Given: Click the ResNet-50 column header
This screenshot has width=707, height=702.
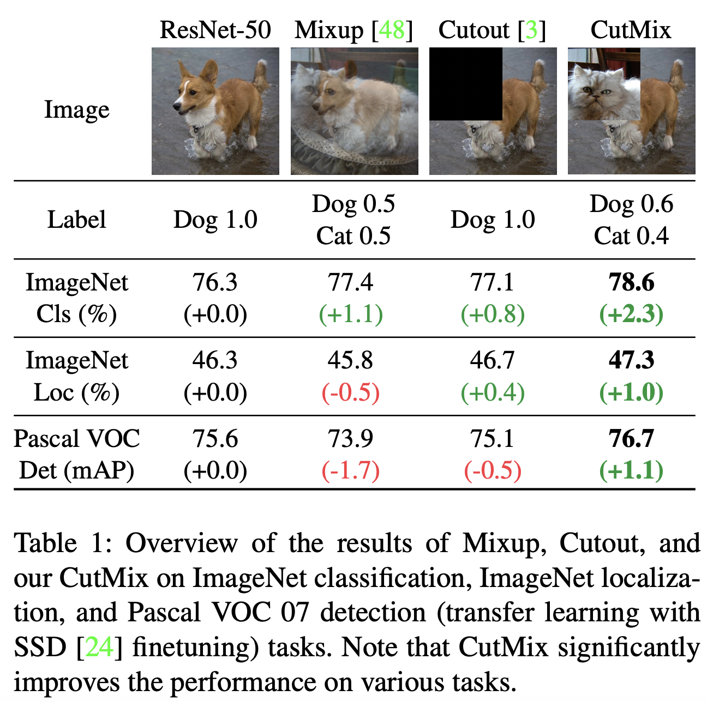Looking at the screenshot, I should pos(215,29).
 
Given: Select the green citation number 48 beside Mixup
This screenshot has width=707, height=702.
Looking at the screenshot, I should pos(391,29).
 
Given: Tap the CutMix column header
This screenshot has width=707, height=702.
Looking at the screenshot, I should pos(631,29).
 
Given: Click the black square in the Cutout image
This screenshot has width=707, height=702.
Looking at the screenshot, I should pos(465,84).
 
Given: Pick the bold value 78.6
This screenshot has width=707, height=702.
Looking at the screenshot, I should pos(631,282).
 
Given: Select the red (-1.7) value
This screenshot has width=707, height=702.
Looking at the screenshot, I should pos(350,470).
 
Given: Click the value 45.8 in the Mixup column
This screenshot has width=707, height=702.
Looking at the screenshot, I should pos(350,360).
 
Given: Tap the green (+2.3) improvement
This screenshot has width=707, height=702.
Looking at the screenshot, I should pos(631,314).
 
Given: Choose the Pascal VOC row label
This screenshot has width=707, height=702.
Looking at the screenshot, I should pos(76,439).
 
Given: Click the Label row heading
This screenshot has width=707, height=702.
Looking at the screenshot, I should pos(76,220).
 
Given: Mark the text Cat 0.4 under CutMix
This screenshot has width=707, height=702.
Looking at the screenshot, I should pos(631,236).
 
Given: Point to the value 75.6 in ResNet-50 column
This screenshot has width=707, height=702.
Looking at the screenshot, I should pos(215,439).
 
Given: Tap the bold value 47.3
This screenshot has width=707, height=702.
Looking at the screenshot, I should pos(631,360).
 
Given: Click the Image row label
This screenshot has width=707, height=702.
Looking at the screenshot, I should pos(76,110).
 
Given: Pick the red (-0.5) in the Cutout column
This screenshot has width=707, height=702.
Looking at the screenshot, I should pos(493,470).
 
